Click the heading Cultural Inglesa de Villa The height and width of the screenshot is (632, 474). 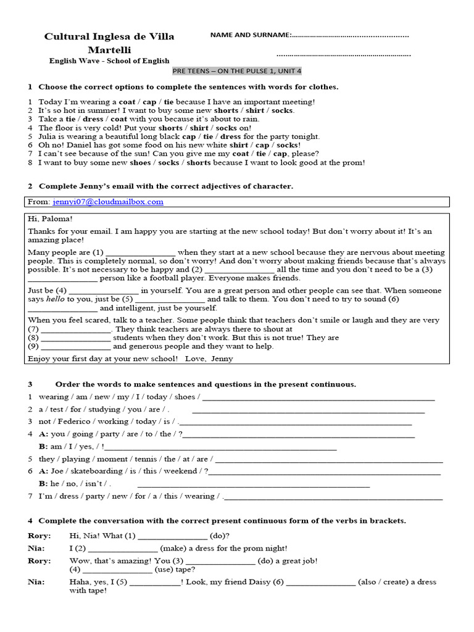click(x=109, y=36)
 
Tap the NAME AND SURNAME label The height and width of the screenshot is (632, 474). click(x=249, y=35)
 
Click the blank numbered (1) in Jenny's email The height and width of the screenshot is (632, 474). click(x=141, y=252)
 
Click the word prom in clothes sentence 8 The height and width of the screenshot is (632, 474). click(x=355, y=163)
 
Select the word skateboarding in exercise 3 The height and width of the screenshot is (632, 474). click(x=94, y=471)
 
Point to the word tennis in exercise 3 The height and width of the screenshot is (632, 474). click(x=144, y=459)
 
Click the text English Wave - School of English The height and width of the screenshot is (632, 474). click(x=109, y=60)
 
